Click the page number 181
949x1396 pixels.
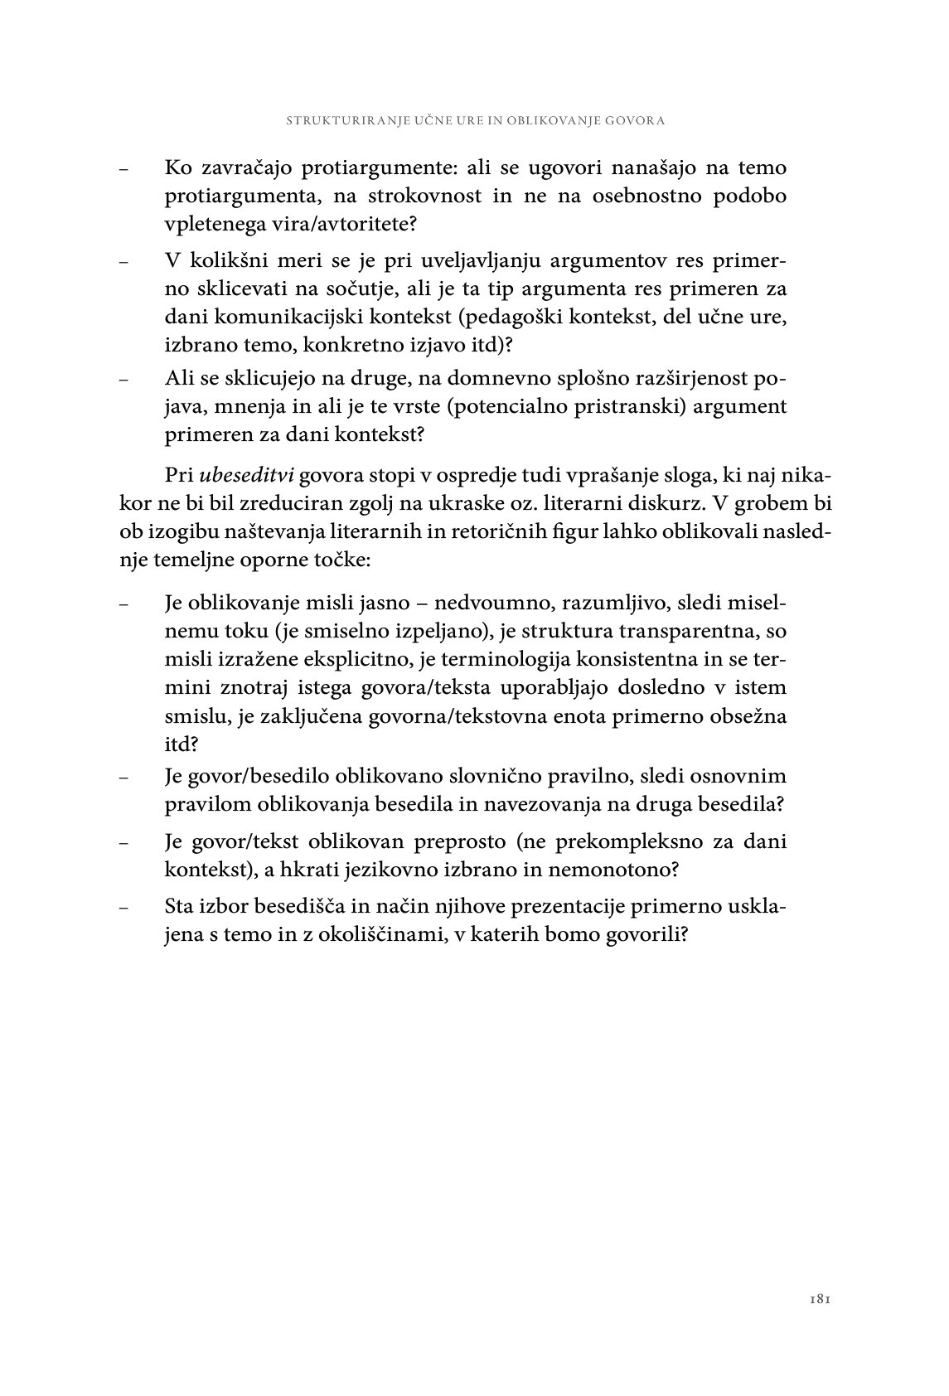point(820,1300)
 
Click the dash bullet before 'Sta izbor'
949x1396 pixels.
point(123,908)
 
